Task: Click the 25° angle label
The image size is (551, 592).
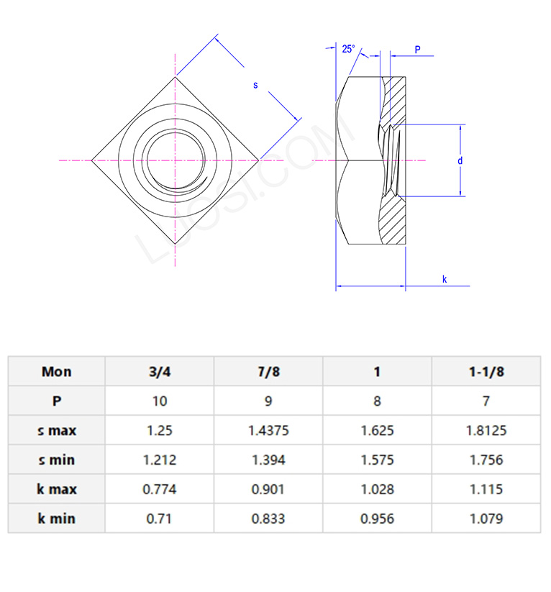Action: pos(348,49)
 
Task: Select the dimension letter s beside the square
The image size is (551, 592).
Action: pos(255,85)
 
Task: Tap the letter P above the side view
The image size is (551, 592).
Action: pos(417,50)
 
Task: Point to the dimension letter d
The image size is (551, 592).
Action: pos(460,160)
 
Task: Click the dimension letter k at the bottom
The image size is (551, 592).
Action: pos(445,279)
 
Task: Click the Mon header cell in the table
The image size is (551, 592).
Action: pos(57,371)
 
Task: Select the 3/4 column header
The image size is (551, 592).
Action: pos(159,371)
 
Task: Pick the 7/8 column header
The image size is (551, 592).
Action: pos(268,371)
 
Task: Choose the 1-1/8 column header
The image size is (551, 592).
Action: pos(486,371)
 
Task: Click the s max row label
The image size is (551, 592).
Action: pos(57,430)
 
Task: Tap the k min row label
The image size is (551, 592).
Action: pos(57,518)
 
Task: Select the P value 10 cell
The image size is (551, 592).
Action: pos(159,401)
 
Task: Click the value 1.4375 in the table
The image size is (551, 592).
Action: pos(268,430)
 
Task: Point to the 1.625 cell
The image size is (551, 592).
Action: pos(377,430)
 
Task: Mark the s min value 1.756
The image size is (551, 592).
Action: pos(486,460)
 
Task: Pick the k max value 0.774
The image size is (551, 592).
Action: pos(159,489)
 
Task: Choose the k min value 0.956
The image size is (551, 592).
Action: pos(377,518)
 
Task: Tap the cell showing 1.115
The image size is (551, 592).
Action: pos(486,489)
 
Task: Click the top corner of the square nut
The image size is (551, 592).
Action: pos(175,76)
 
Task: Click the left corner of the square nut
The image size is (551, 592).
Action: pos(91,160)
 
